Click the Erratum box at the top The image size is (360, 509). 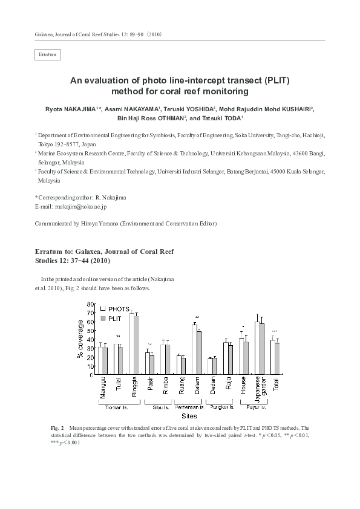[48, 55]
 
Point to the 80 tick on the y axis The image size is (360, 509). [90, 303]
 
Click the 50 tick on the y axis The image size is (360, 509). [90, 330]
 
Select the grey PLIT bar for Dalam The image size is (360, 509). [199, 353]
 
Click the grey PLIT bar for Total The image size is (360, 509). [277, 358]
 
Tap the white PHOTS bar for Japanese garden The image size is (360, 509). [257, 348]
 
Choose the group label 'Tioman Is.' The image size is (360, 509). [119, 407]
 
